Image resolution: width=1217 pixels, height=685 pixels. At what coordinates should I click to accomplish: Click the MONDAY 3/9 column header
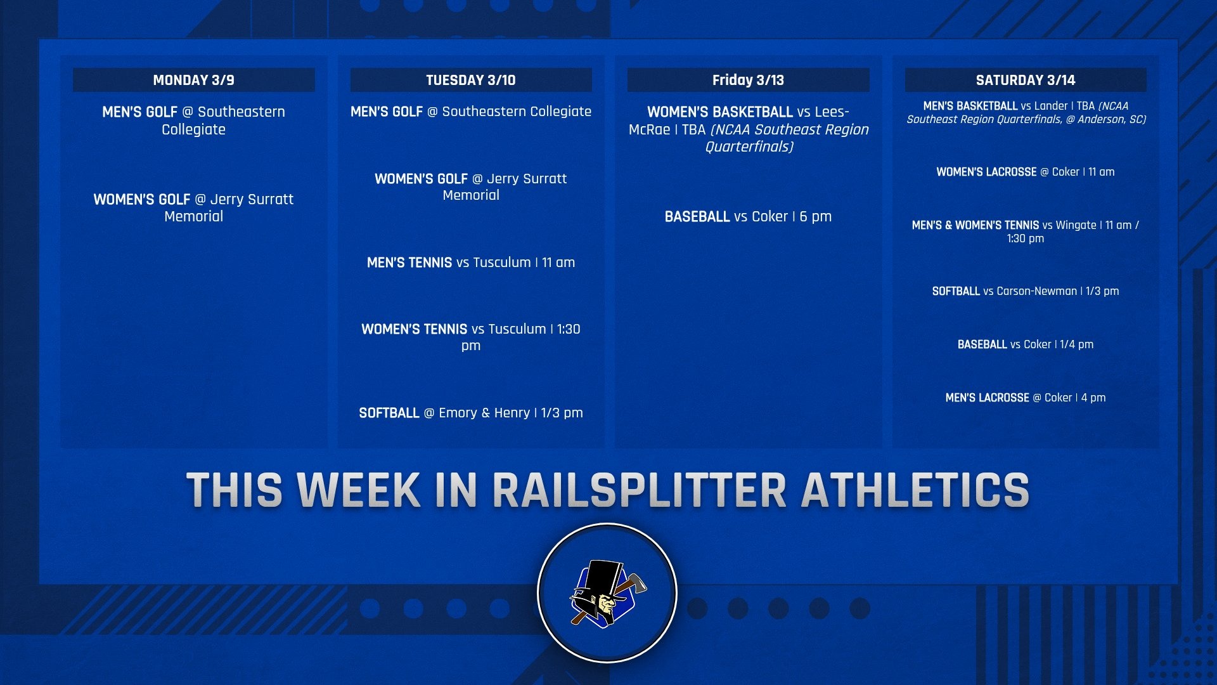click(193, 80)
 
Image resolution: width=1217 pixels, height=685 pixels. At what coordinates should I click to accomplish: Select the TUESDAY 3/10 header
click(470, 80)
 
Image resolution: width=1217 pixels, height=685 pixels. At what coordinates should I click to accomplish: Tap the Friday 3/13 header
click(748, 80)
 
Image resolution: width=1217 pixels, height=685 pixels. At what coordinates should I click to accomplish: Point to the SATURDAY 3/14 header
click(1025, 80)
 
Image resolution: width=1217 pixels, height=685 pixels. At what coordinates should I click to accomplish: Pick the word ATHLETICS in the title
click(915, 490)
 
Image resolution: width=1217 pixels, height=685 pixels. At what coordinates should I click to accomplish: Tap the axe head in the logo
click(636, 582)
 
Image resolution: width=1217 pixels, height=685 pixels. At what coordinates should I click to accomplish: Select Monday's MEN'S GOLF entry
click(193, 121)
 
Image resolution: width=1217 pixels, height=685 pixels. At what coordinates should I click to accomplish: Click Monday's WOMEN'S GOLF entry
click(193, 207)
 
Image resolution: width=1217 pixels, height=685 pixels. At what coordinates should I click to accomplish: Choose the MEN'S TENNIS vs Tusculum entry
click(470, 263)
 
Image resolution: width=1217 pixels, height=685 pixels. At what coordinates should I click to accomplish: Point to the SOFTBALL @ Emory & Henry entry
click(470, 413)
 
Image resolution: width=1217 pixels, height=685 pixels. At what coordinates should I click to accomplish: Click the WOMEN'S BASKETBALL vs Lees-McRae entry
click(748, 129)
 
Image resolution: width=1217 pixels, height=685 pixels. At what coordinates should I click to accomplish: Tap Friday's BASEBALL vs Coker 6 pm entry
click(748, 216)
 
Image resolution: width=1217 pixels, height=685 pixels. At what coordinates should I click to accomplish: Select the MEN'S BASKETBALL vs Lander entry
click(1025, 112)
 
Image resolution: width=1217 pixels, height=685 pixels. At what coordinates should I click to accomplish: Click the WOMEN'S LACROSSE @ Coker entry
click(1025, 172)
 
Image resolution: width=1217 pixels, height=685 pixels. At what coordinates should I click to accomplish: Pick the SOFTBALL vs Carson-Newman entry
click(1025, 291)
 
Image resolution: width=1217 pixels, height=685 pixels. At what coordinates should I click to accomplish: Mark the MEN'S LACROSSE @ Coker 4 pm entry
click(1025, 398)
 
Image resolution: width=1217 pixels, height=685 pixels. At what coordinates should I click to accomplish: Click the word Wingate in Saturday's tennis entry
click(1076, 225)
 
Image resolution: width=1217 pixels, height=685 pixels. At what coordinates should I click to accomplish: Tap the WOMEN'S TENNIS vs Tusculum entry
click(470, 337)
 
